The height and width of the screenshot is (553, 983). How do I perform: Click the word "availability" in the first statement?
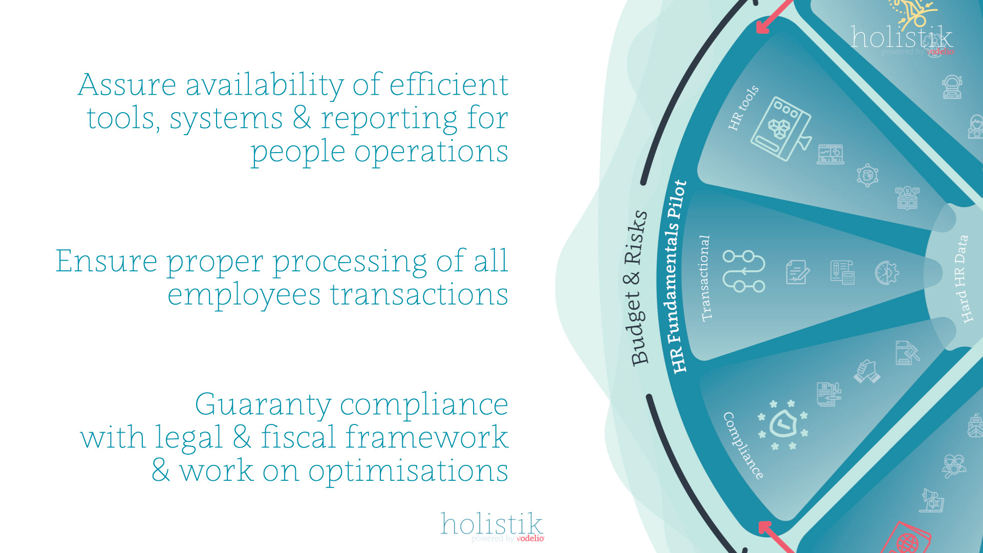[264, 86]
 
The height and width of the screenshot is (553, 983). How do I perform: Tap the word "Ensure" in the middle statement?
[106, 261]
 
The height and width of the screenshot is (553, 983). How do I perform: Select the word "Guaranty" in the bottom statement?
[263, 406]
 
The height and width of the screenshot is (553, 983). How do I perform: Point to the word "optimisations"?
[408, 471]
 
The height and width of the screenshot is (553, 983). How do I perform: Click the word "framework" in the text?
[426, 438]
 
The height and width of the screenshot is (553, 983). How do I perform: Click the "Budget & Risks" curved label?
[638, 288]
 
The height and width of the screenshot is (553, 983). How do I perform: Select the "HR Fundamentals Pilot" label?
[678, 277]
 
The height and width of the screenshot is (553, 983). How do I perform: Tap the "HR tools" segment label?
[743, 108]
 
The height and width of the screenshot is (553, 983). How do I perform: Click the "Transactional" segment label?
[705, 278]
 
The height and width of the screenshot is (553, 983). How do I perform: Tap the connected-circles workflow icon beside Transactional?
[743, 271]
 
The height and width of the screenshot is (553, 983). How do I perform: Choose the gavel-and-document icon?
[907, 353]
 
